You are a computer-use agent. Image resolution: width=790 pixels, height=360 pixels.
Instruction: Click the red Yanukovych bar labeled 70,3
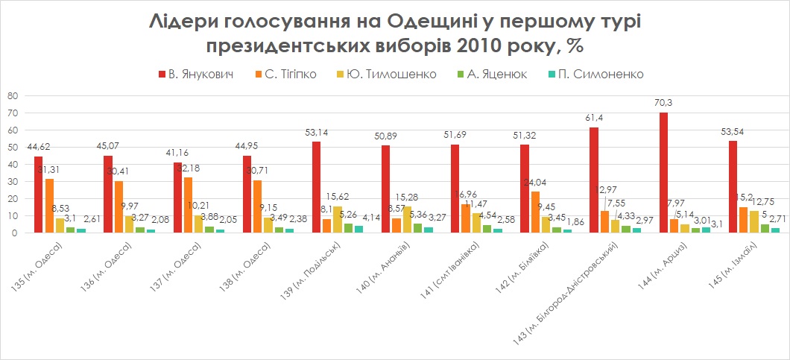pos(663,172)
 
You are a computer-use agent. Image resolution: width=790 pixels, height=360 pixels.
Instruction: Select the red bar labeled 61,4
pos(594,180)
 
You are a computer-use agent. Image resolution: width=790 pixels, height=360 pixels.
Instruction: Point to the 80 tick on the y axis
pos(11,95)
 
